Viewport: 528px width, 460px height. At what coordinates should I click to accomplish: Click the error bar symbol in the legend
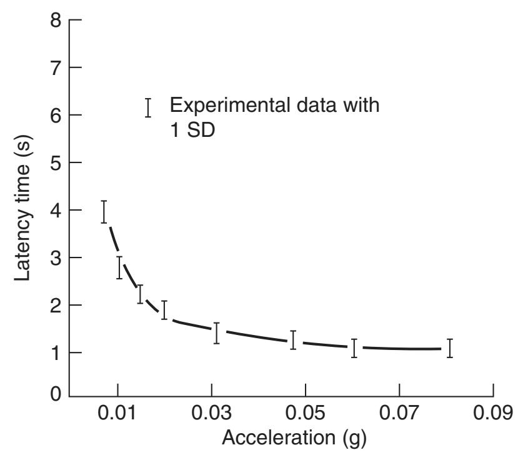[148, 107]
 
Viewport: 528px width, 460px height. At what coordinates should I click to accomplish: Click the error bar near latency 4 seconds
[104, 212]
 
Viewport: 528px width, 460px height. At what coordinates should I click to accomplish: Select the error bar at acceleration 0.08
[449, 347]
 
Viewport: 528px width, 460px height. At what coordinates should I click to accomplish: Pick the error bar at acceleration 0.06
[354, 347]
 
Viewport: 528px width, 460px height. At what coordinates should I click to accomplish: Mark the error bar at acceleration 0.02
[164, 310]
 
